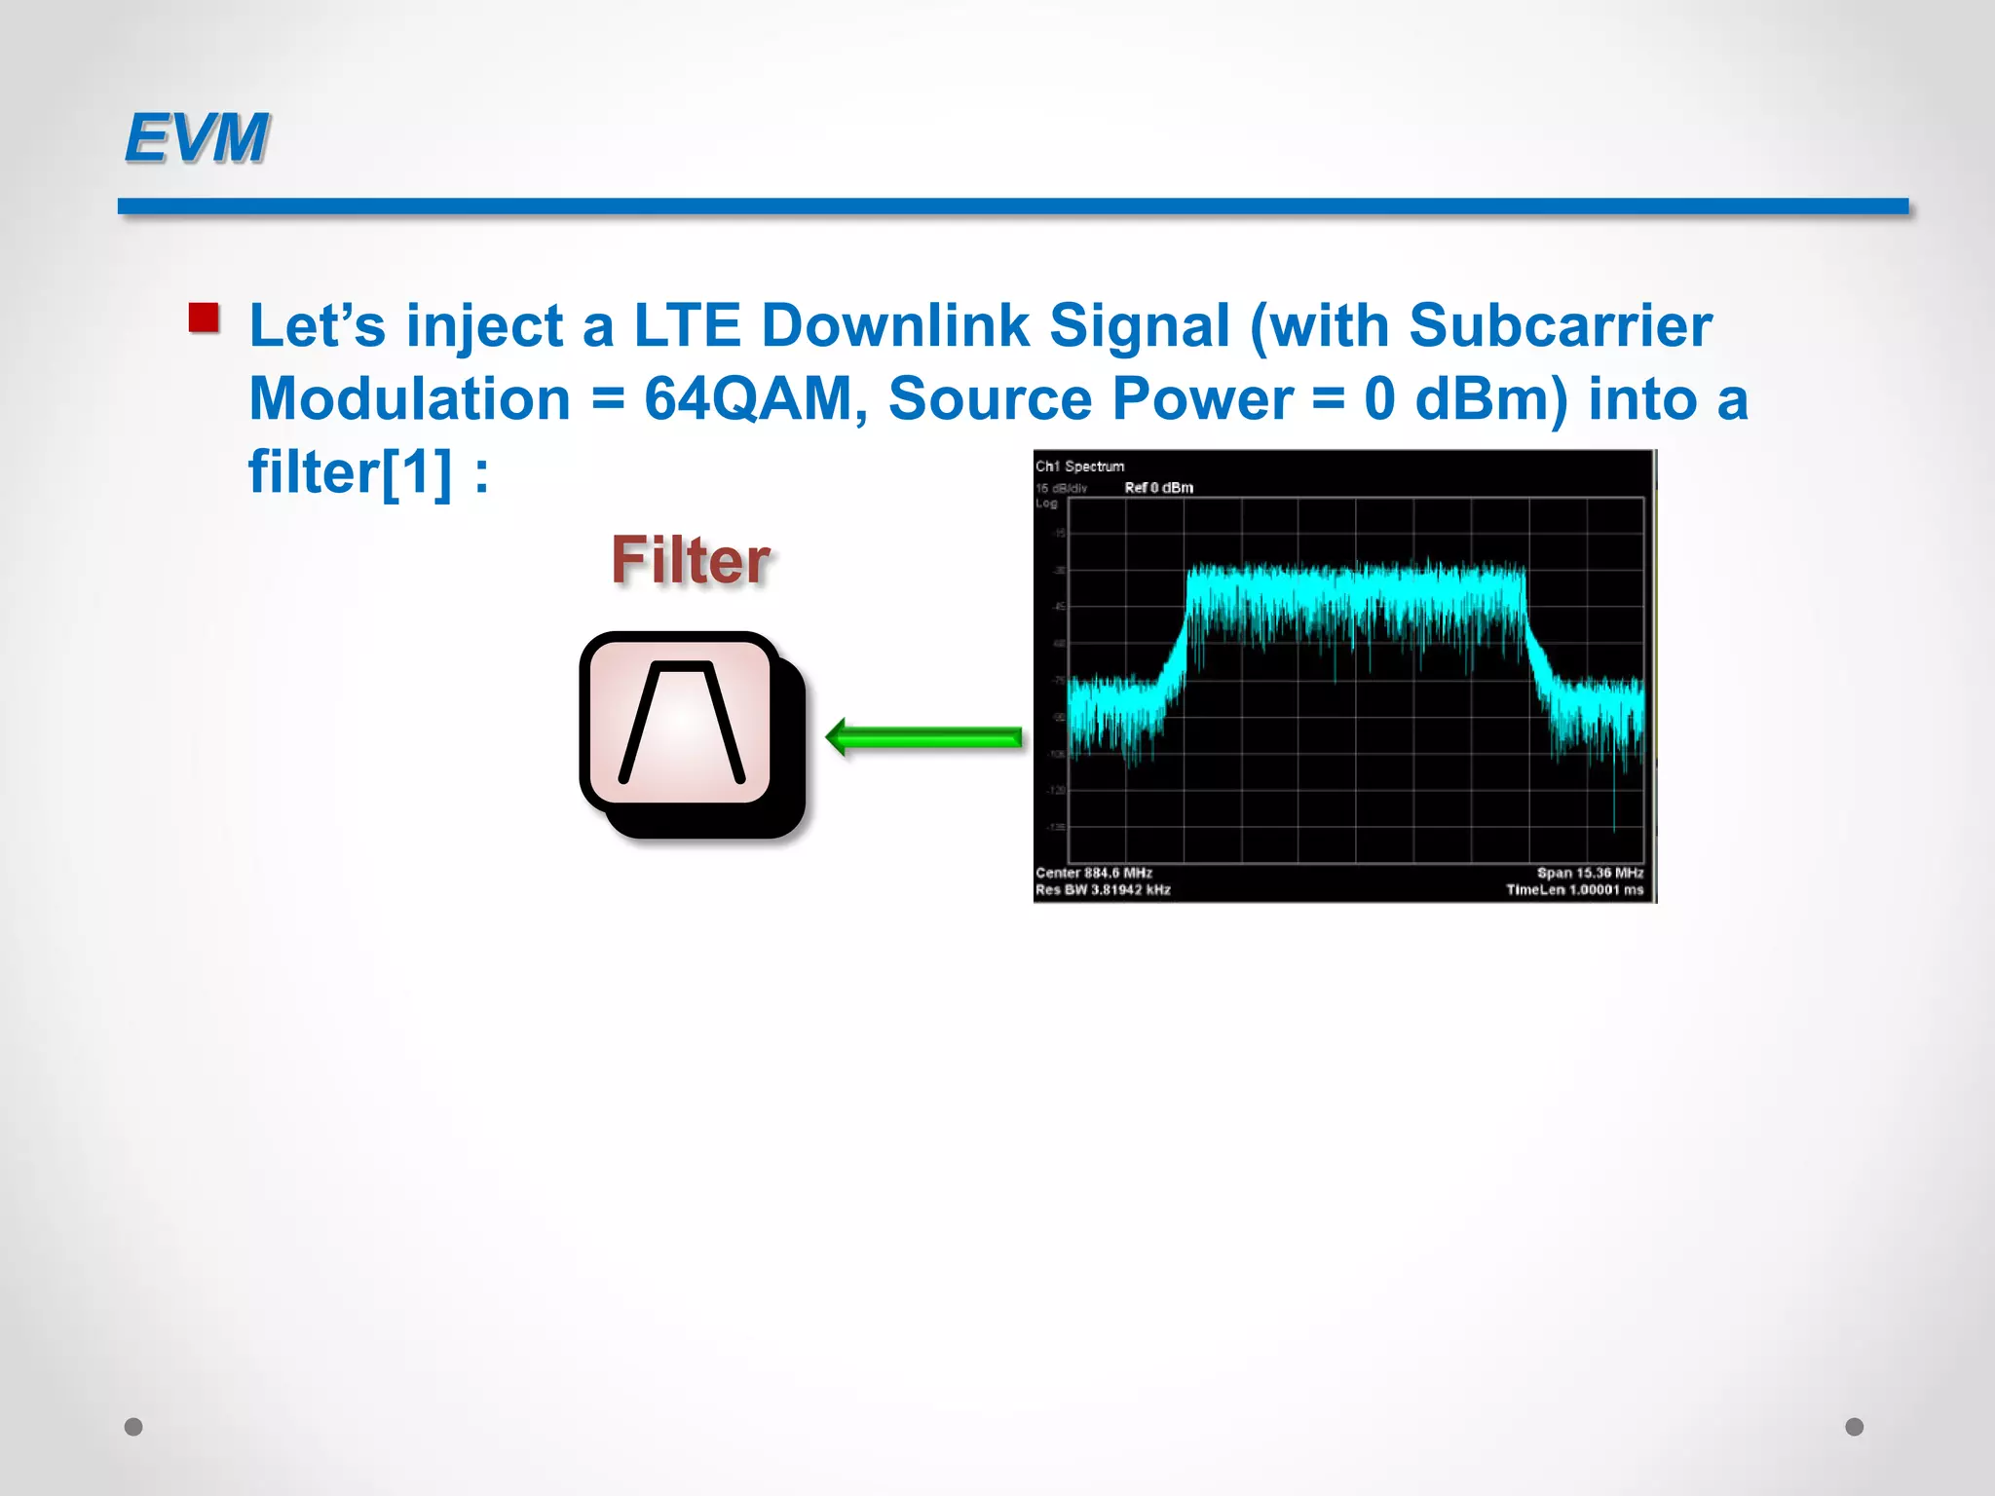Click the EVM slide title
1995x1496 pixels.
click(x=196, y=137)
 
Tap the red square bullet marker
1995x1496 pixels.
click(x=204, y=318)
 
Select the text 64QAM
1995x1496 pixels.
click(x=748, y=399)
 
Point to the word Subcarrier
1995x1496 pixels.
click(x=1560, y=325)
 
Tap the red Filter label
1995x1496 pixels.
click(x=691, y=561)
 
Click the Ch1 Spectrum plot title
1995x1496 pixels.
click(x=1079, y=467)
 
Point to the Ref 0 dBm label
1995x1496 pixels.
click(x=1158, y=488)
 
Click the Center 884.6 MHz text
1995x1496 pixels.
click(x=1093, y=873)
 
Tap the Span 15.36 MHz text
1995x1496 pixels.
click(x=1590, y=873)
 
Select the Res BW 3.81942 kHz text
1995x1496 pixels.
click(x=1103, y=890)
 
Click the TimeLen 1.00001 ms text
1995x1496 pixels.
click(x=1574, y=890)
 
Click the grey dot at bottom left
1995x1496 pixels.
click(x=133, y=1427)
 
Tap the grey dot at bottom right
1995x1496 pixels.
click(x=1855, y=1427)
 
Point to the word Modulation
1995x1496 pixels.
click(x=409, y=399)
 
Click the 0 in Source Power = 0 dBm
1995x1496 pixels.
click(x=1379, y=399)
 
